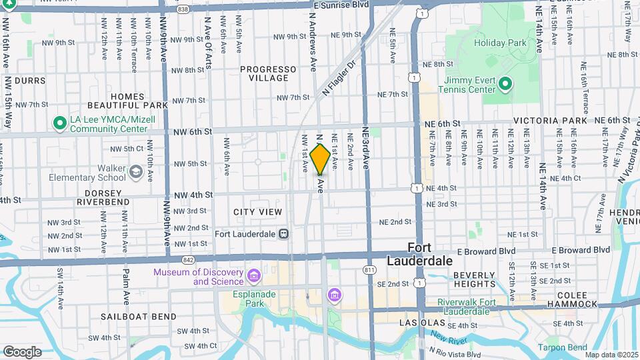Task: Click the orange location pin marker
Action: tap(320, 159)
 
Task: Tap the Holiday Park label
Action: tap(500, 43)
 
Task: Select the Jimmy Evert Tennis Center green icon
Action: tap(505, 84)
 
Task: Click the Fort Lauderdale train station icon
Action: tap(285, 234)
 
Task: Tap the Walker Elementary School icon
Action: tap(137, 173)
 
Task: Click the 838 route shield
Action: tap(183, 9)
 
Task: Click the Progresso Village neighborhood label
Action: tap(268, 73)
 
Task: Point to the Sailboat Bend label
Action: tap(139, 317)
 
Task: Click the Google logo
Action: tap(22, 351)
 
